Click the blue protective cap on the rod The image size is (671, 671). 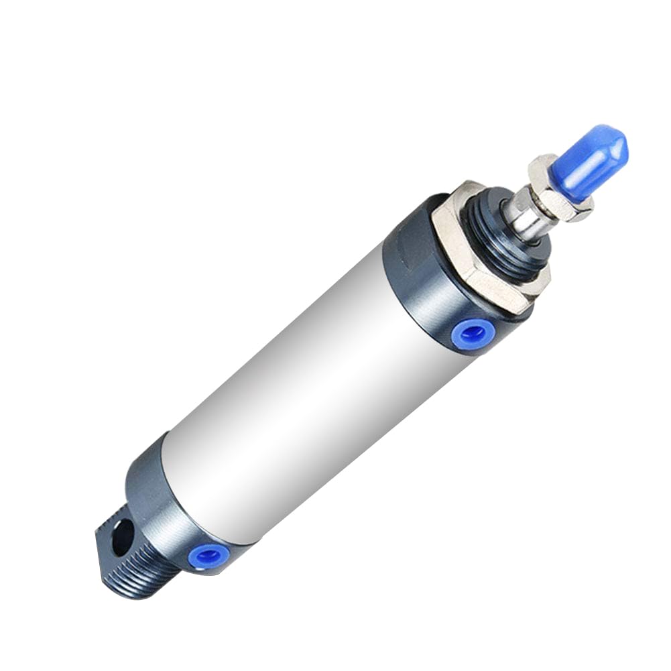(590, 161)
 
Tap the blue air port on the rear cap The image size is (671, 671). (211, 554)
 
